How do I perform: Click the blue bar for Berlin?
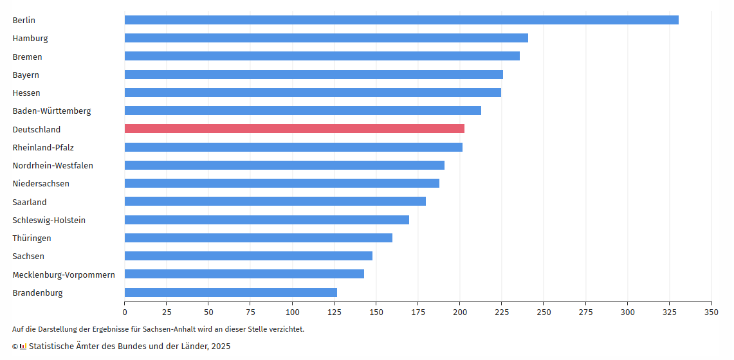click(401, 20)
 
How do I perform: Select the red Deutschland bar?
click(295, 129)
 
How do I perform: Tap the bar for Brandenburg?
click(231, 292)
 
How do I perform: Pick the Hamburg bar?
click(326, 38)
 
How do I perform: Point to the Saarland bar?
click(275, 201)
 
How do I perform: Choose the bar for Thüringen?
click(259, 238)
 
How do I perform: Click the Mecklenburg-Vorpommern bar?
click(244, 274)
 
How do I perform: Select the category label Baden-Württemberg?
click(51, 111)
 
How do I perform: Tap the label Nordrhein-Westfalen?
click(53, 165)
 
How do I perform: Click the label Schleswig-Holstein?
click(49, 220)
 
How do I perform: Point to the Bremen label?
click(27, 57)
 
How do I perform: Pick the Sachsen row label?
click(28, 256)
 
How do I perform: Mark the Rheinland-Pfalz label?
click(43, 147)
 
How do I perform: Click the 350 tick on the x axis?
click(711, 312)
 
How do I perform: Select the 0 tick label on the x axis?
click(125, 312)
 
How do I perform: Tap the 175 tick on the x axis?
click(418, 312)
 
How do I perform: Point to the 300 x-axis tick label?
click(627, 312)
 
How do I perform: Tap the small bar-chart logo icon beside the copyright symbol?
click(23, 346)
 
